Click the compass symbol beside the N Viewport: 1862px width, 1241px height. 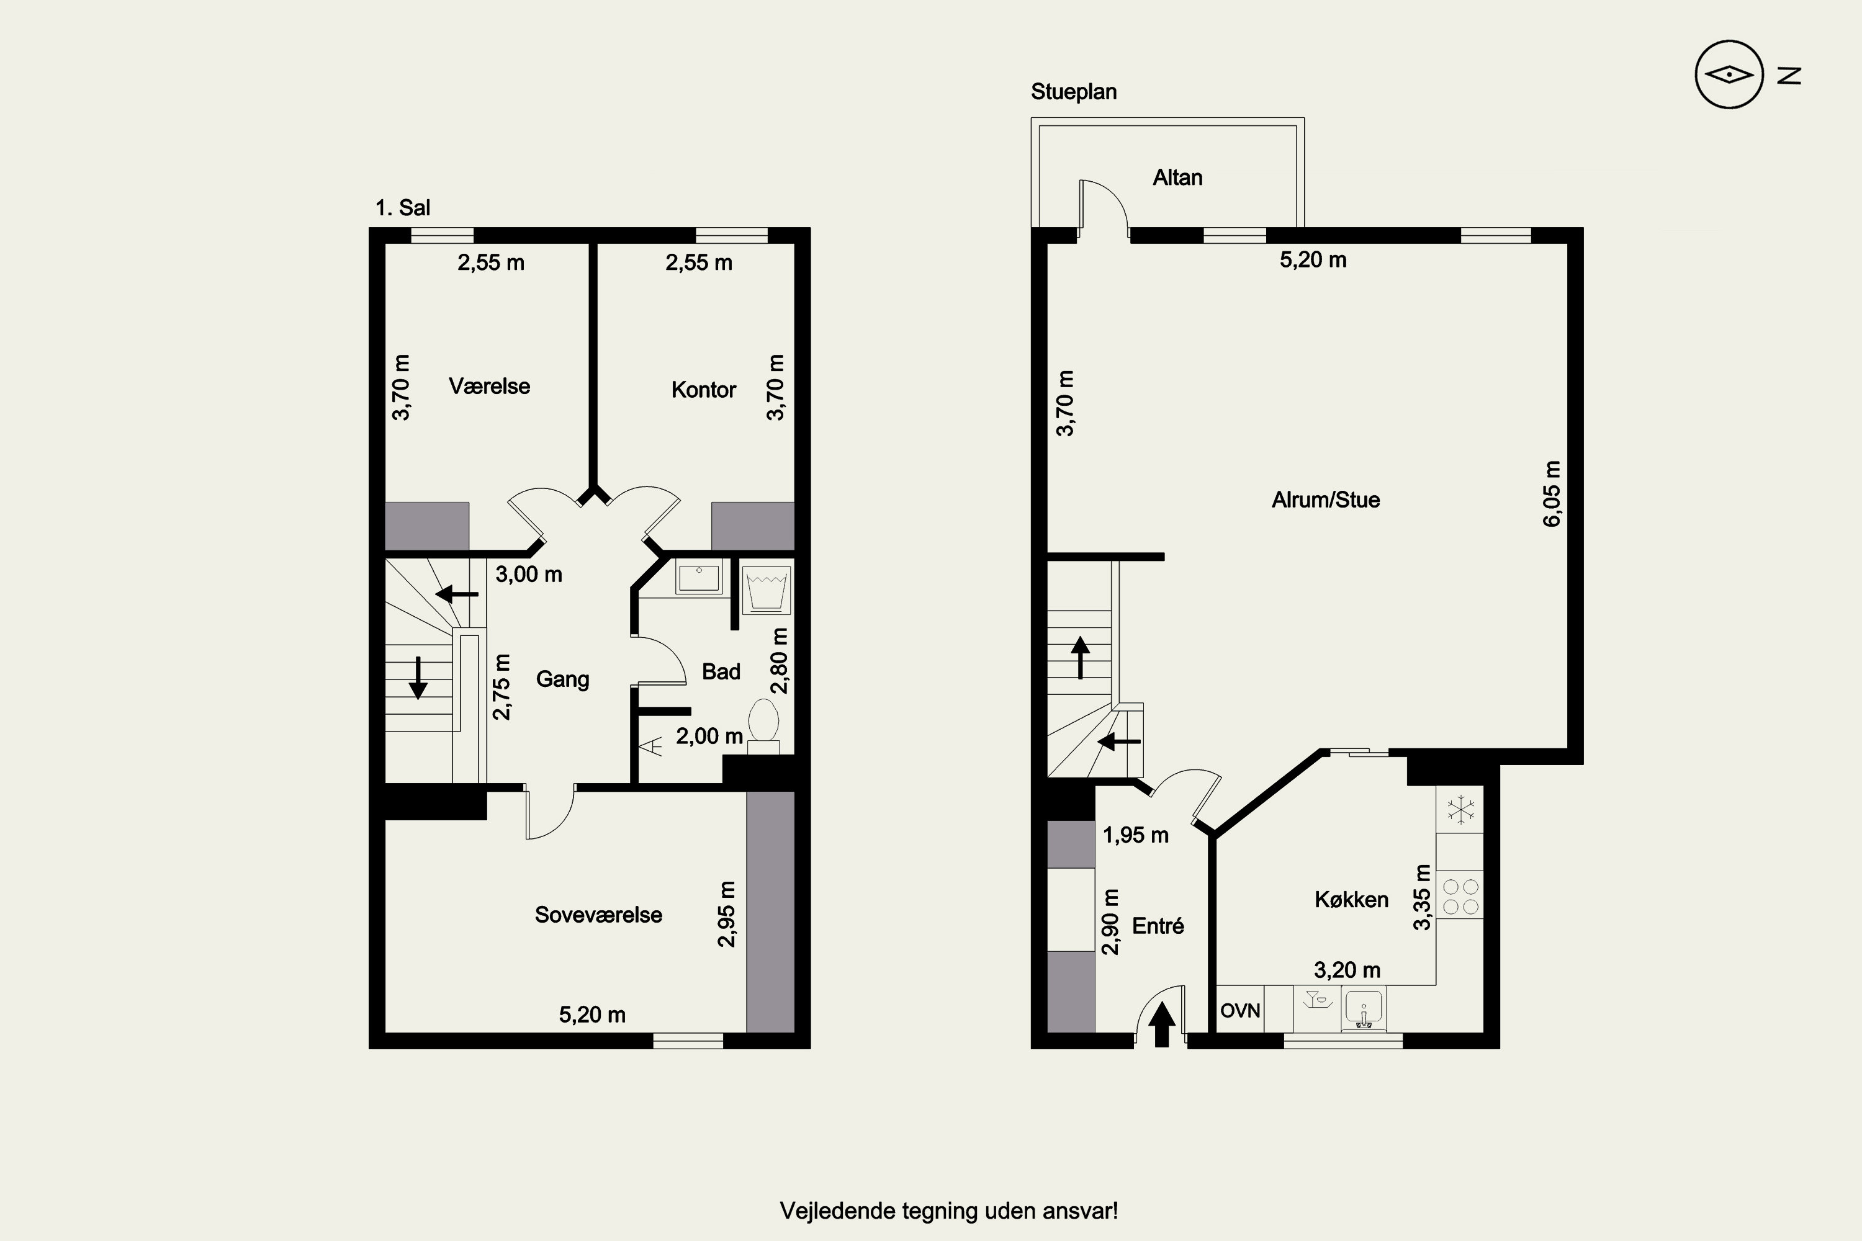pos(1729,74)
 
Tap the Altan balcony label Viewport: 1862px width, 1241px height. pos(1177,177)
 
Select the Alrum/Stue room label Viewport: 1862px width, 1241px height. pos(1325,500)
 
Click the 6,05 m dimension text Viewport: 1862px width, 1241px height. pos(1552,493)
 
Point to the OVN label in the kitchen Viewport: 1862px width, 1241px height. pos(1239,1011)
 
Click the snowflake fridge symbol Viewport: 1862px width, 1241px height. pos(1460,809)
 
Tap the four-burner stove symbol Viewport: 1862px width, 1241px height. pos(1460,896)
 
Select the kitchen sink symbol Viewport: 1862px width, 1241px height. pos(1362,1009)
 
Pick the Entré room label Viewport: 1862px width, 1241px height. pos(1158,926)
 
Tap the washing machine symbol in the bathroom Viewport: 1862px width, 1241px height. pos(767,589)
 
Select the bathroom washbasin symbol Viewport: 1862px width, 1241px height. pos(698,577)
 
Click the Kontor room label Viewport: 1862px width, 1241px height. pos(703,390)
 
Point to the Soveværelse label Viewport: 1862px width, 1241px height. pos(598,915)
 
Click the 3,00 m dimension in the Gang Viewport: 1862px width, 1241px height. pos(529,575)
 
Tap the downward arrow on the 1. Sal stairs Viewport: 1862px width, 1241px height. pos(418,678)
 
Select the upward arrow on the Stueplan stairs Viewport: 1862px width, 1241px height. pos(1080,658)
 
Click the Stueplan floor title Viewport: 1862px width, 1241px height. pos(1074,92)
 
